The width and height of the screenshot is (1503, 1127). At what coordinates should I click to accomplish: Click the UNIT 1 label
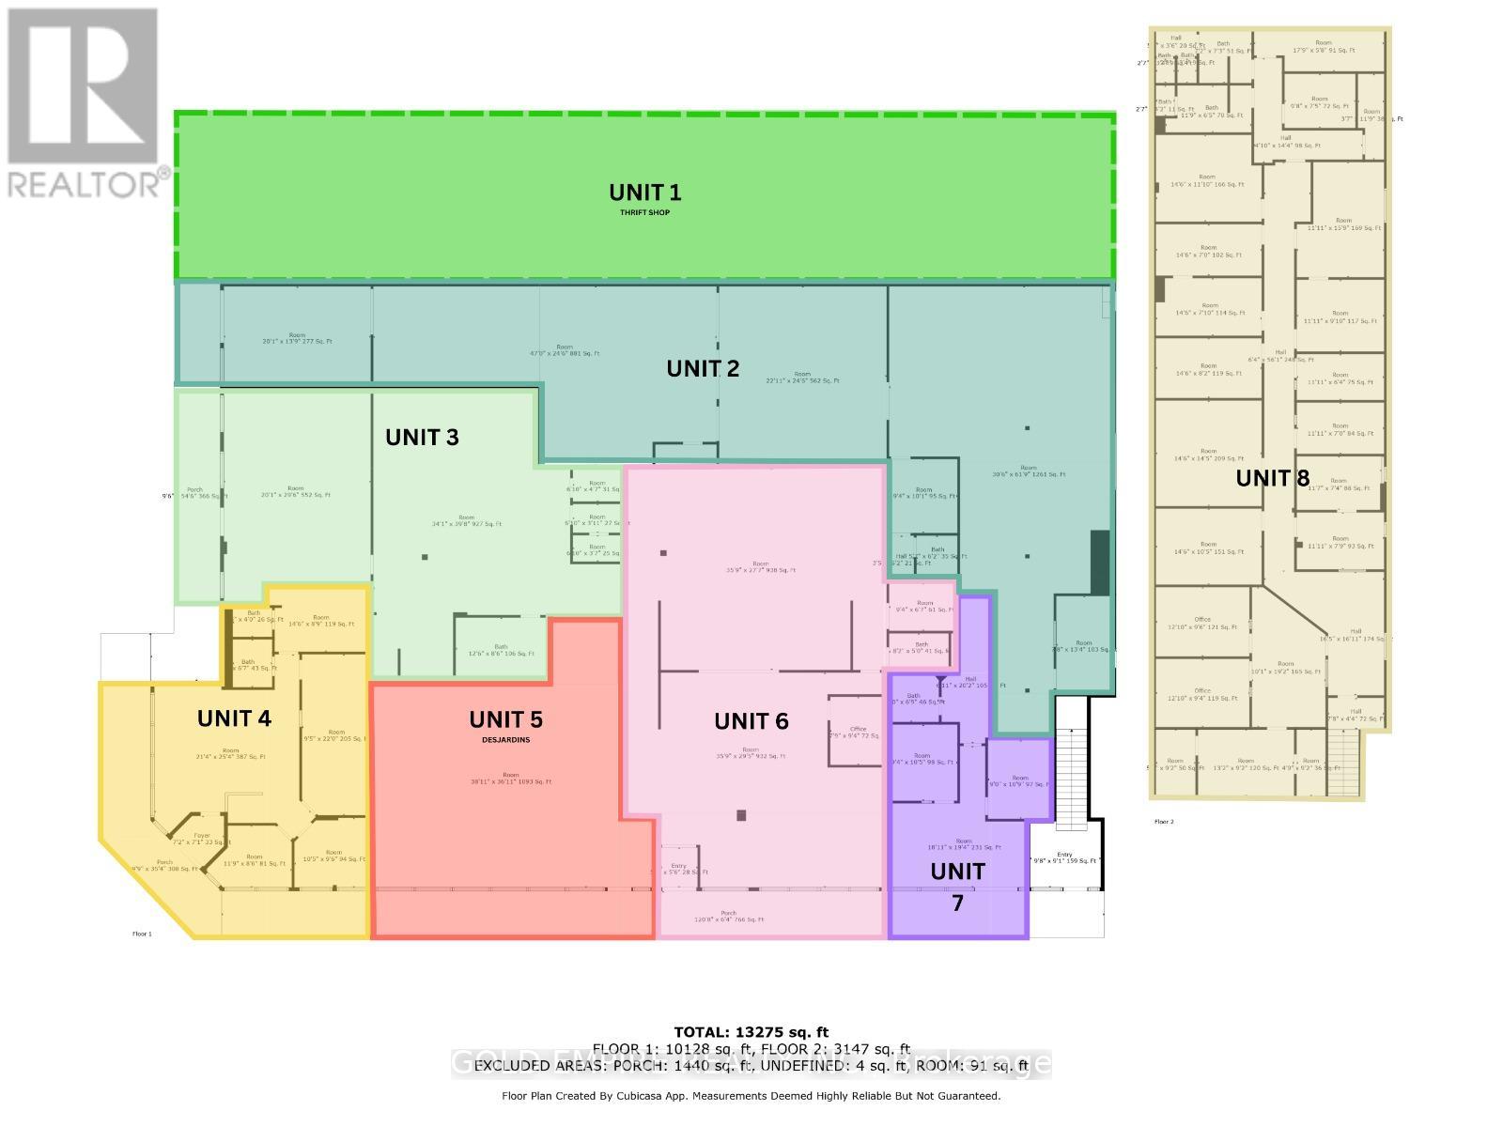pyautogui.click(x=644, y=193)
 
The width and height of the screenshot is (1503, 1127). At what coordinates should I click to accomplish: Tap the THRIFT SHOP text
pyautogui.click(x=644, y=213)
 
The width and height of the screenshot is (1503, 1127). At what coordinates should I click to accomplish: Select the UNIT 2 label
pyautogui.click(x=703, y=369)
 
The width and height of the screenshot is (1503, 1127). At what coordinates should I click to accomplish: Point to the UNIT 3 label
pyautogui.click(x=422, y=438)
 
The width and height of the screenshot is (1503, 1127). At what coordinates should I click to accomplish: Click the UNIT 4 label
pyautogui.click(x=234, y=718)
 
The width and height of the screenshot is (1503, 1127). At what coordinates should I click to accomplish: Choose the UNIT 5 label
pyautogui.click(x=505, y=720)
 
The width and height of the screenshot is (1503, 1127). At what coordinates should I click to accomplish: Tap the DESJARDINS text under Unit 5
pyautogui.click(x=505, y=740)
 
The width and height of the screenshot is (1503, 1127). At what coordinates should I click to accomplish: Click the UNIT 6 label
pyautogui.click(x=751, y=721)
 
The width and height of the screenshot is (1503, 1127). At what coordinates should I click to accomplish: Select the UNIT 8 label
pyautogui.click(x=1272, y=478)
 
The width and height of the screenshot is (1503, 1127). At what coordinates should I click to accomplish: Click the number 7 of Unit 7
pyautogui.click(x=957, y=903)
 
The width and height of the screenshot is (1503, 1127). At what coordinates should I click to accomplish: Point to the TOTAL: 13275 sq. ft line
pyautogui.click(x=751, y=1032)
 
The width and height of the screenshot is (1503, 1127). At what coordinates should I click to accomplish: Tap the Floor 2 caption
pyautogui.click(x=1164, y=822)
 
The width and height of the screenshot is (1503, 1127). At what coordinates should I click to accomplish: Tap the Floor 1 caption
pyautogui.click(x=142, y=934)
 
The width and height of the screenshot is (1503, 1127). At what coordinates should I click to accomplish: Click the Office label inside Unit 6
pyautogui.click(x=857, y=730)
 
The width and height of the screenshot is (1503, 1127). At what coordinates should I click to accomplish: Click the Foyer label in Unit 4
pyautogui.click(x=202, y=836)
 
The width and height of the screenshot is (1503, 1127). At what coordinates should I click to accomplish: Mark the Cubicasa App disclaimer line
pyautogui.click(x=751, y=1096)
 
